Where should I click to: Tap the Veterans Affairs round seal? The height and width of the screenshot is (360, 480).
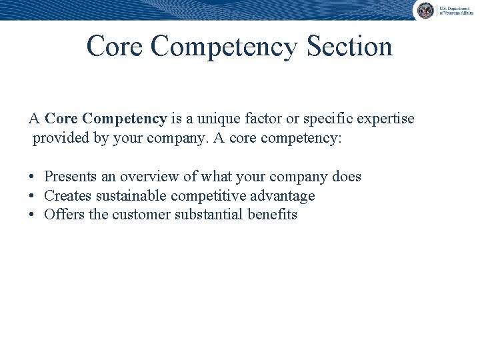pos(425,11)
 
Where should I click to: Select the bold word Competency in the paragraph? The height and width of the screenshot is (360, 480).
pos(125,119)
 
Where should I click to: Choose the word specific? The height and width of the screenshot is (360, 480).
pos(321,120)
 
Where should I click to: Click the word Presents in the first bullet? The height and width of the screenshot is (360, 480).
pos(71,177)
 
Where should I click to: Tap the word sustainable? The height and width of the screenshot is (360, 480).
pos(131,196)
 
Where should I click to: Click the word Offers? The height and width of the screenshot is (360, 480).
pos(62,215)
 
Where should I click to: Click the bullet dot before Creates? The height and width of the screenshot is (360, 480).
pos(32,197)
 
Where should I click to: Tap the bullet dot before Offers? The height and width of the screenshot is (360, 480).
pos(32,215)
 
